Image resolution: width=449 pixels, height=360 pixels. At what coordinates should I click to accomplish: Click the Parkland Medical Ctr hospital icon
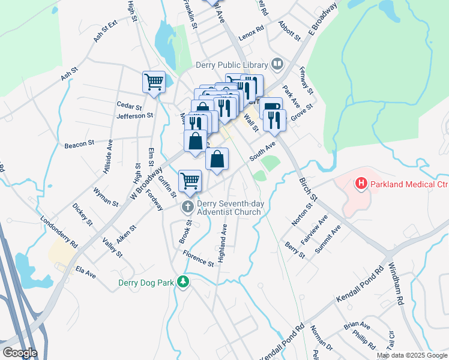click(361, 183)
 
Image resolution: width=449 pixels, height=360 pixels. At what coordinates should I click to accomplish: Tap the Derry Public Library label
click(232, 64)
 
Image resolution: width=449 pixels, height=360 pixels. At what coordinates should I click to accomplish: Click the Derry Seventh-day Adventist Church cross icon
click(187, 207)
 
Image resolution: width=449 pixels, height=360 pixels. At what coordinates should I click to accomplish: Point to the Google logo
click(20, 353)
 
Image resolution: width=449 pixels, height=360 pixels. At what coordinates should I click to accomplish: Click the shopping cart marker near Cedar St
click(154, 82)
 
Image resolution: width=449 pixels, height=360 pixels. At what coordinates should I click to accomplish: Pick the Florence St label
click(199, 259)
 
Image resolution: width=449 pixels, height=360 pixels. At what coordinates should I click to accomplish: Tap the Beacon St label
click(80, 144)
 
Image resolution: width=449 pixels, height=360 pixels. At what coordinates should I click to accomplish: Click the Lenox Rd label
click(251, 29)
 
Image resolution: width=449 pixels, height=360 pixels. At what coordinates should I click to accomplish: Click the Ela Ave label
click(86, 273)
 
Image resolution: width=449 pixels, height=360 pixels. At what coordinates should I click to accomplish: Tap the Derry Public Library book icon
click(277, 64)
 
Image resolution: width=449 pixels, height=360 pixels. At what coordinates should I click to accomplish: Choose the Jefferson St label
click(135, 116)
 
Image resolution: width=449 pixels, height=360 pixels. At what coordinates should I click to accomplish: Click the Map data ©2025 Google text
click(411, 355)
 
